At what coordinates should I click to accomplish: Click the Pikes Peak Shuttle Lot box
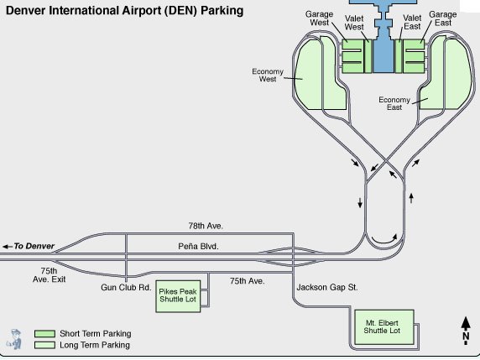coord(178,296)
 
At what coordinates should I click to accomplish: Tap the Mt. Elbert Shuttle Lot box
coord(384,327)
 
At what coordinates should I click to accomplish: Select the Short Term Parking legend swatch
coord(44,334)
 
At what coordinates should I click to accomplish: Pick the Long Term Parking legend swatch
coord(44,345)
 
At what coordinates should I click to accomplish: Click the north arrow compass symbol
coord(466,331)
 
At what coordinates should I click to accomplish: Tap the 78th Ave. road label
coord(206,226)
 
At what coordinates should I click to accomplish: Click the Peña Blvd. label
coord(198,246)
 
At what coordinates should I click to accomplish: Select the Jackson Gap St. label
coord(327,288)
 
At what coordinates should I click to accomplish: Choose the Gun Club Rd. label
coord(126,288)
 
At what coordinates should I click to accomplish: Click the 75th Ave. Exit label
coord(50,275)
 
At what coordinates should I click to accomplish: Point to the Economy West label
coord(268,75)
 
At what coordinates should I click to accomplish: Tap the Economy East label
coord(394,103)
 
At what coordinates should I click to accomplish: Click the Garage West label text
coord(319,18)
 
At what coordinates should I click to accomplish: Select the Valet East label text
coord(412,23)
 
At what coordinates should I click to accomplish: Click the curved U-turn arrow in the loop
coord(384,239)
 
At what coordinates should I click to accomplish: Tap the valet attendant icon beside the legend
coord(15,339)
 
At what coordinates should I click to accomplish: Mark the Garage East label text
coord(443,18)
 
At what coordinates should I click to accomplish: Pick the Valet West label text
coord(354,23)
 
